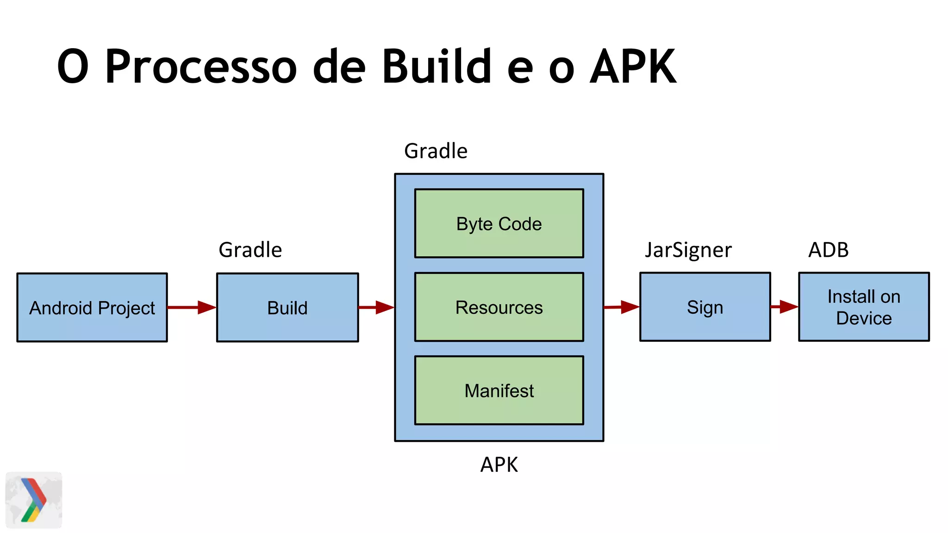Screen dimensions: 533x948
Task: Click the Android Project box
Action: tap(92, 308)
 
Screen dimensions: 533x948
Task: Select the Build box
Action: tap(287, 308)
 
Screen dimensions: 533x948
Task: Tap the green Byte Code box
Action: tap(499, 223)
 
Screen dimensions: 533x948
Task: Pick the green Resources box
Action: tap(499, 307)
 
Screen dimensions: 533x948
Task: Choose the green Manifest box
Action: tap(499, 390)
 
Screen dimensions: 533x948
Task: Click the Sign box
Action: tap(705, 307)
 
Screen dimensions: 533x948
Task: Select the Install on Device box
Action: tap(864, 307)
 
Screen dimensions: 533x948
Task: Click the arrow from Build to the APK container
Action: tap(376, 307)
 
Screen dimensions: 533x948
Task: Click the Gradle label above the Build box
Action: tap(250, 250)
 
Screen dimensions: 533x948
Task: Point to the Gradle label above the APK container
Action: tap(436, 151)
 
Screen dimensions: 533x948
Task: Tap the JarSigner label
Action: tap(688, 250)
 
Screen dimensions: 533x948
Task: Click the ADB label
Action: tap(828, 250)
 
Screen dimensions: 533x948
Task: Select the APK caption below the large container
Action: tap(499, 465)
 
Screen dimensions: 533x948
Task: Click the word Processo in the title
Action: tap(200, 67)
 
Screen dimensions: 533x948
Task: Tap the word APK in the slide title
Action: tap(633, 67)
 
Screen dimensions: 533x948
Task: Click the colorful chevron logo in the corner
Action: tap(33, 500)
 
